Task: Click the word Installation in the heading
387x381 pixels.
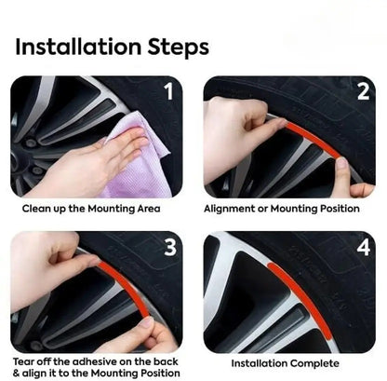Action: pos(78,47)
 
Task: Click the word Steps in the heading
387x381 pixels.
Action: pos(178,48)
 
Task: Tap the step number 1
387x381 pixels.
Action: pos(168,91)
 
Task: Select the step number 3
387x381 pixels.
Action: pos(170,248)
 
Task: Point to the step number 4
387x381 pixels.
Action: pos(364,248)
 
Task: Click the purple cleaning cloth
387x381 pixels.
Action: pos(140,156)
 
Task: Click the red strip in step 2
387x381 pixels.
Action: pos(312,139)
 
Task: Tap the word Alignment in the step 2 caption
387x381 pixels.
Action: pos(229,209)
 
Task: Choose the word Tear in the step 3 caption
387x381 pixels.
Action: pos(22,361)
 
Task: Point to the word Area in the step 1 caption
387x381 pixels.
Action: pos(149,209)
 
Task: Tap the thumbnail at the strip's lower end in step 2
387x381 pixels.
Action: pos(341,164)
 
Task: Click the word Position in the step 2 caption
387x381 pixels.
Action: pos(340,209)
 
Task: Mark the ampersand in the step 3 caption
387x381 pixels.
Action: pos(16,373)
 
